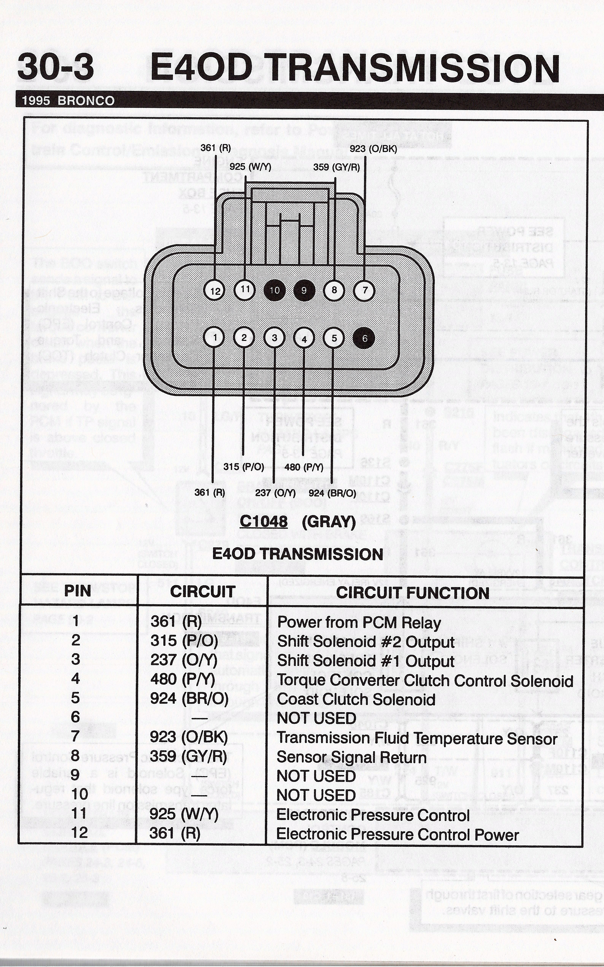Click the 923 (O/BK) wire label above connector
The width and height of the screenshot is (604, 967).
click(373, 149)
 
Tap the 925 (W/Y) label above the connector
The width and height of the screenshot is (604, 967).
click(250, 166)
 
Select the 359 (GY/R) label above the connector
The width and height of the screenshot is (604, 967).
click(336, 167)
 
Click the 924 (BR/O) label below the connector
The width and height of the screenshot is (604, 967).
click(332, 492)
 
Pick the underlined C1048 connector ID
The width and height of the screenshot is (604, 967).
click(264, 521)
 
